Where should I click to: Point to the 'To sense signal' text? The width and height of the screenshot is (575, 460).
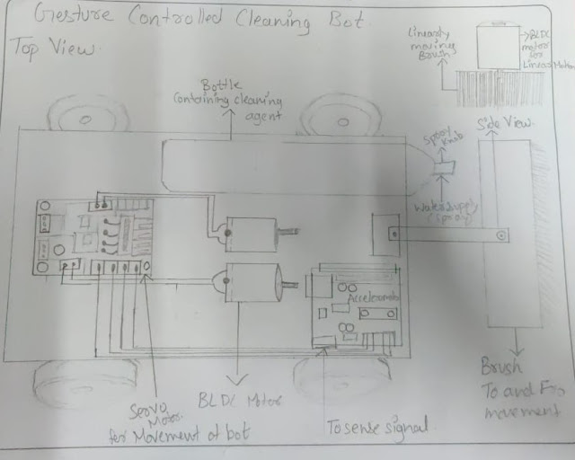[x=376, y=424]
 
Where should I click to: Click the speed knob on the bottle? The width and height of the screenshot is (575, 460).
[x=443, y=166]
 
